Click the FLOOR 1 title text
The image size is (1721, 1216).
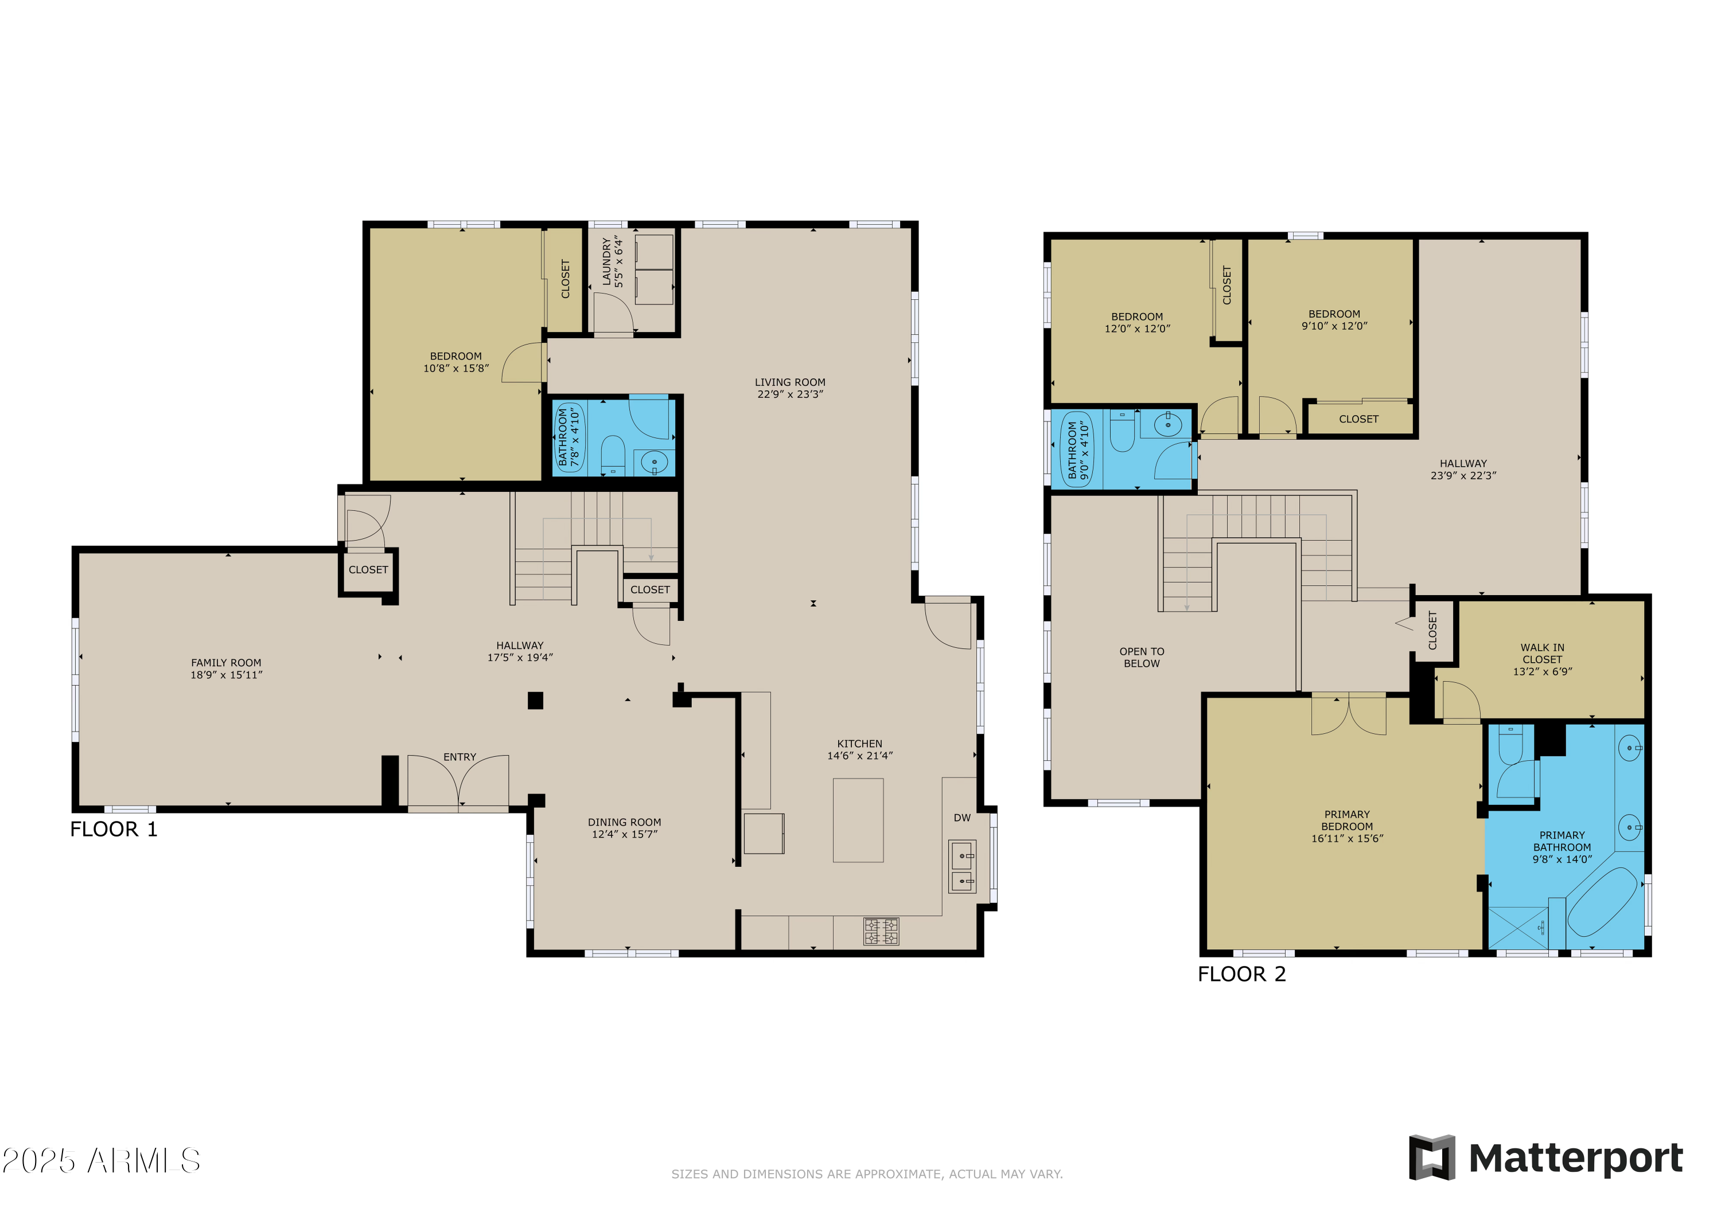pos(114,830)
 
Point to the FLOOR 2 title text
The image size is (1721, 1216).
pos(1241,974)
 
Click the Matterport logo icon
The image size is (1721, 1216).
pos(1432,1158)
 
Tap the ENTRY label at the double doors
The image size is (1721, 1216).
pos(460,757)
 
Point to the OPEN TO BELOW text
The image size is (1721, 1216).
pos(1142,657)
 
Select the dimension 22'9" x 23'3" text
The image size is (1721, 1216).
pos(790,394)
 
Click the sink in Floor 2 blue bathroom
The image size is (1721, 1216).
pos(1167,425)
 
